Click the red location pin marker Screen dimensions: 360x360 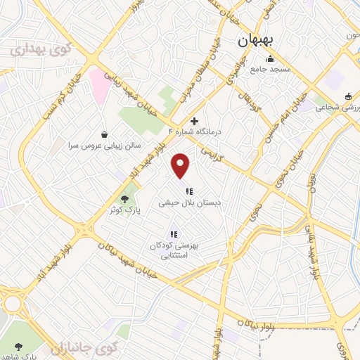coord(181,165)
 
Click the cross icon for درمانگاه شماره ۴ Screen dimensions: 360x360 coord(195,121)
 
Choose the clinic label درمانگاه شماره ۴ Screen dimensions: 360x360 coord(195,131)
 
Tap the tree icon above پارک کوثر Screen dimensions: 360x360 coord(124,199)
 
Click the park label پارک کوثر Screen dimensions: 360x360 coord(124,210)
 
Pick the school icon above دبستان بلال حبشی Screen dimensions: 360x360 coord(189,191)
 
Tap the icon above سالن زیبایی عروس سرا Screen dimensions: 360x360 coord(105,134)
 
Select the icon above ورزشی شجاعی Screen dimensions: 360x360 coord(348,96)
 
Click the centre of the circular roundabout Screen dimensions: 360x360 coord(12,304)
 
